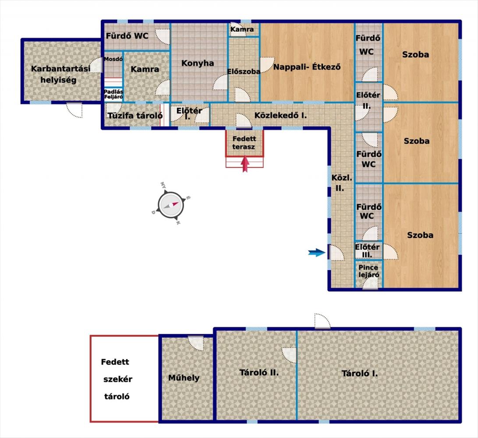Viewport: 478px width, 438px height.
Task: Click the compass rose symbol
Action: pyautogui.click(x=171, y=205)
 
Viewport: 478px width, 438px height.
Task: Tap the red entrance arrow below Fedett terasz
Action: pyautogui.click(x=245, y=164)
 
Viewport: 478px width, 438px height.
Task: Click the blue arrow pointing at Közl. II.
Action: pyautogui.click(x=317, y=252)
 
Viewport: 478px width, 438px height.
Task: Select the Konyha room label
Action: pyautogui.click(x=198, y=63)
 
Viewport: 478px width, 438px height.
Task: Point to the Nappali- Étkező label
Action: pyautogui.click(x=307, y=67)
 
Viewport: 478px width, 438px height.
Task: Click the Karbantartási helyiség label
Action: pyautogui.click(x=60, y=74)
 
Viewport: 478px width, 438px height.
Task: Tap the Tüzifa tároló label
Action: pyautogui.click(x=135, y=116)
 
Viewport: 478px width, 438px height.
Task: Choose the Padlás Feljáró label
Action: pyautogui.click(x=113, y=94)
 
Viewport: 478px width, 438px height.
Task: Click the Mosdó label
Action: pyautogui.click(x=113, y=59)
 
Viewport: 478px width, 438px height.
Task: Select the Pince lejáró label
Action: pyautogui.click(x=368, y=271)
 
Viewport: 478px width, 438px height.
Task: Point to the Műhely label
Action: pyautogui.click(x=184, y=378)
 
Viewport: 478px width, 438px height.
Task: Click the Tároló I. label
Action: pyautogui.click(x=359, y=373)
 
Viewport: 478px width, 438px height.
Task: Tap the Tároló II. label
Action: pyautogui.click(x=259, y=372)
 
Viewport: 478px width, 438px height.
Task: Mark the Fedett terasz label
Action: pyautogui.click(x=244, y=143)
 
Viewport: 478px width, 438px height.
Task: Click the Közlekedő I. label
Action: pyautogui.click(x=280, y=116)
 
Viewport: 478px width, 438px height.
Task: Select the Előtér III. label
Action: pyautogui.click(x=367, y=251)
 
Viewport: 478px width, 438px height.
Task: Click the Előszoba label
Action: pyautogui.click(x=244, y=71)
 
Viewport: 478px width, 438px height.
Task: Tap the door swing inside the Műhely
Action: pyautogui.click(x=195, y=343)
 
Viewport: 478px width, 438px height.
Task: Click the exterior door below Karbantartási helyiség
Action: pyautogui.click(x=74, y=110)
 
